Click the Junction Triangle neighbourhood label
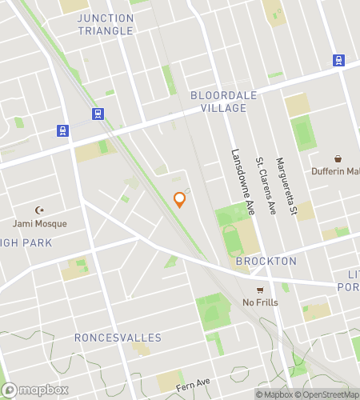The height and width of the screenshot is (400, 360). point(106,24)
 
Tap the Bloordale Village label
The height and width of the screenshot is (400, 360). point(224,101)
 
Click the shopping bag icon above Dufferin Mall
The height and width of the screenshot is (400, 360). point(338,158)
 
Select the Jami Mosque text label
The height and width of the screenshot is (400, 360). point(39,223)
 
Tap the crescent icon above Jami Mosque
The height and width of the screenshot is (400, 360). point(39,210)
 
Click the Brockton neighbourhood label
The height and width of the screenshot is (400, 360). point(266,261)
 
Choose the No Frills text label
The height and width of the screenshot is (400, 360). point(258,302)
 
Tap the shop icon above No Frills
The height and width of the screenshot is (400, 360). point(258,290)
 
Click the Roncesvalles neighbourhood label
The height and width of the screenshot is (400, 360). point(118,338)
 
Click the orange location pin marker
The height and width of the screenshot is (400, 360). point(180,200)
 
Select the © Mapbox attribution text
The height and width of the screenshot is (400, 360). point(275,394)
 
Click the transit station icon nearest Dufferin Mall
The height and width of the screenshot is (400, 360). point(338,60)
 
